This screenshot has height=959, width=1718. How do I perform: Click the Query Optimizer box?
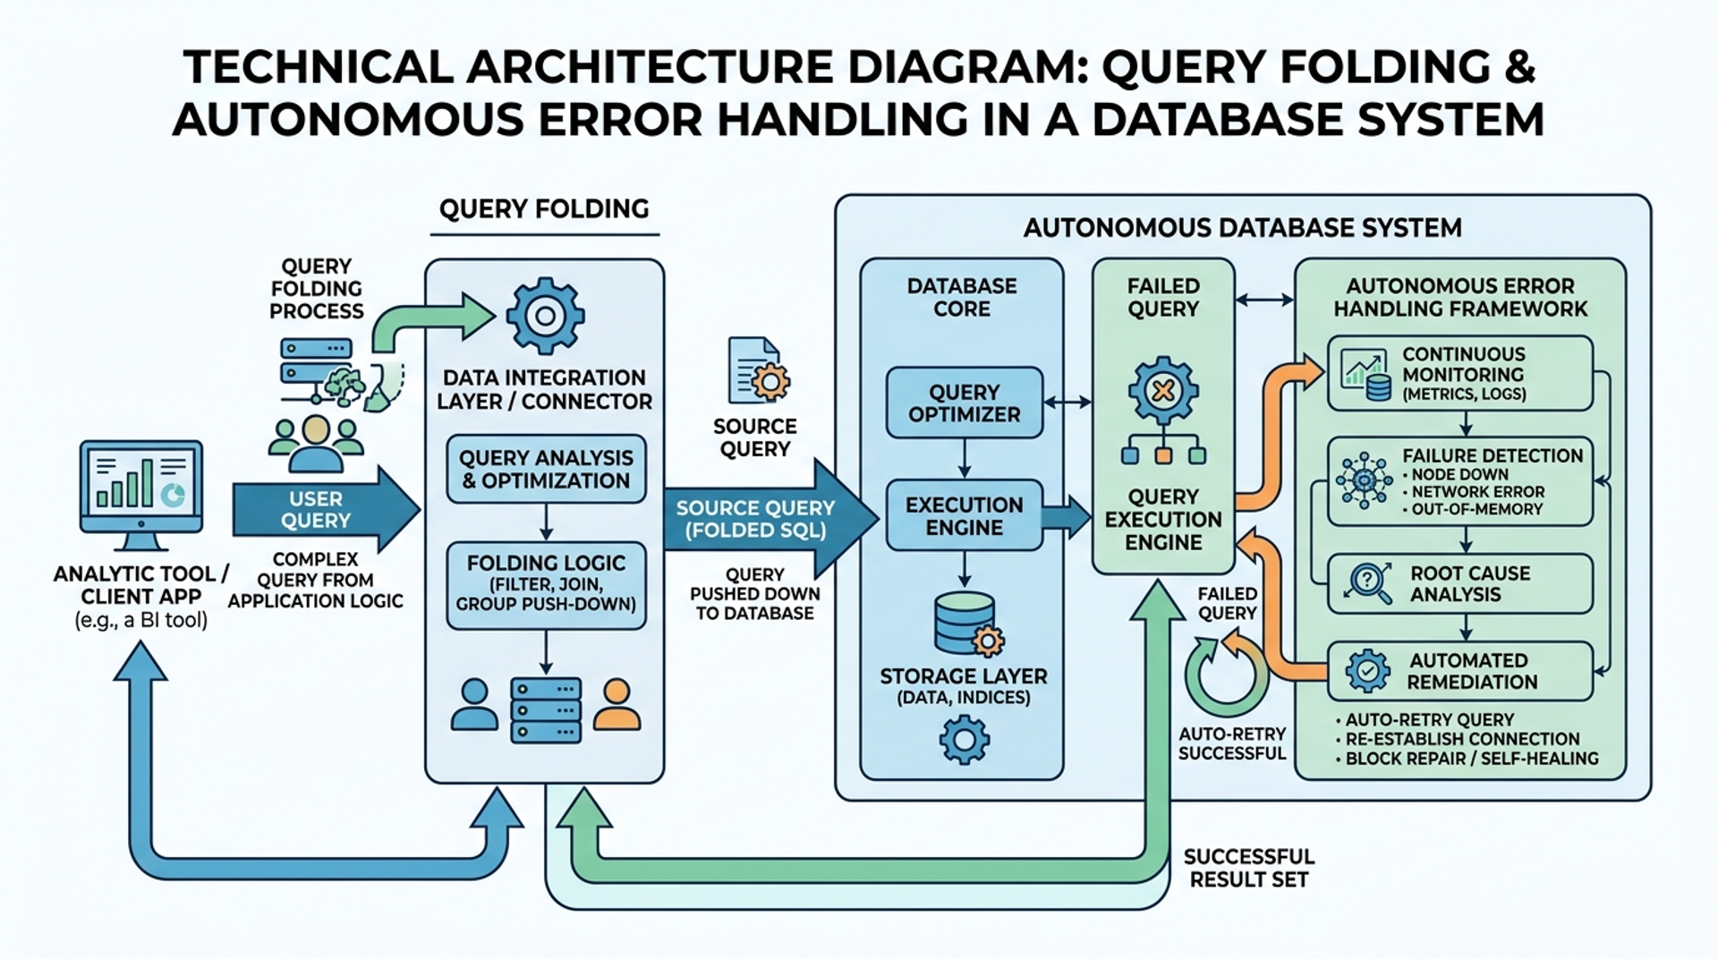[x=964, y=403]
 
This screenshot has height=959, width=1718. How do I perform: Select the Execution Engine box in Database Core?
[x=964, y=515]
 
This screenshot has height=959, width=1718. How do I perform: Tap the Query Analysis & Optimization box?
[x=546, y=469]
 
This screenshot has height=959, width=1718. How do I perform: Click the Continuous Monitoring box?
[x=1459, y=373]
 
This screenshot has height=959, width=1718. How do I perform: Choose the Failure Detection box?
[x=1459, y=481]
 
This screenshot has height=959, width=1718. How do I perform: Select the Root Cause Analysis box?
[x=1459, y=583]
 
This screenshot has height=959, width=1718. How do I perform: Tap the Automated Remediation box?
[x=1459, y=671]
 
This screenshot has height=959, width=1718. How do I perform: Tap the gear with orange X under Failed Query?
[x=1162, y=390]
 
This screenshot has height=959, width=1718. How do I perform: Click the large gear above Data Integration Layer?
[x=545, y=315]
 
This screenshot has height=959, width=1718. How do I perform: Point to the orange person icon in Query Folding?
[x=617, y=704]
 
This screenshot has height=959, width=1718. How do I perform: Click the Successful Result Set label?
[x=1248, y=868]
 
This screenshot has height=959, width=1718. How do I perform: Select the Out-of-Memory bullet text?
[x=1476, y=509]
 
